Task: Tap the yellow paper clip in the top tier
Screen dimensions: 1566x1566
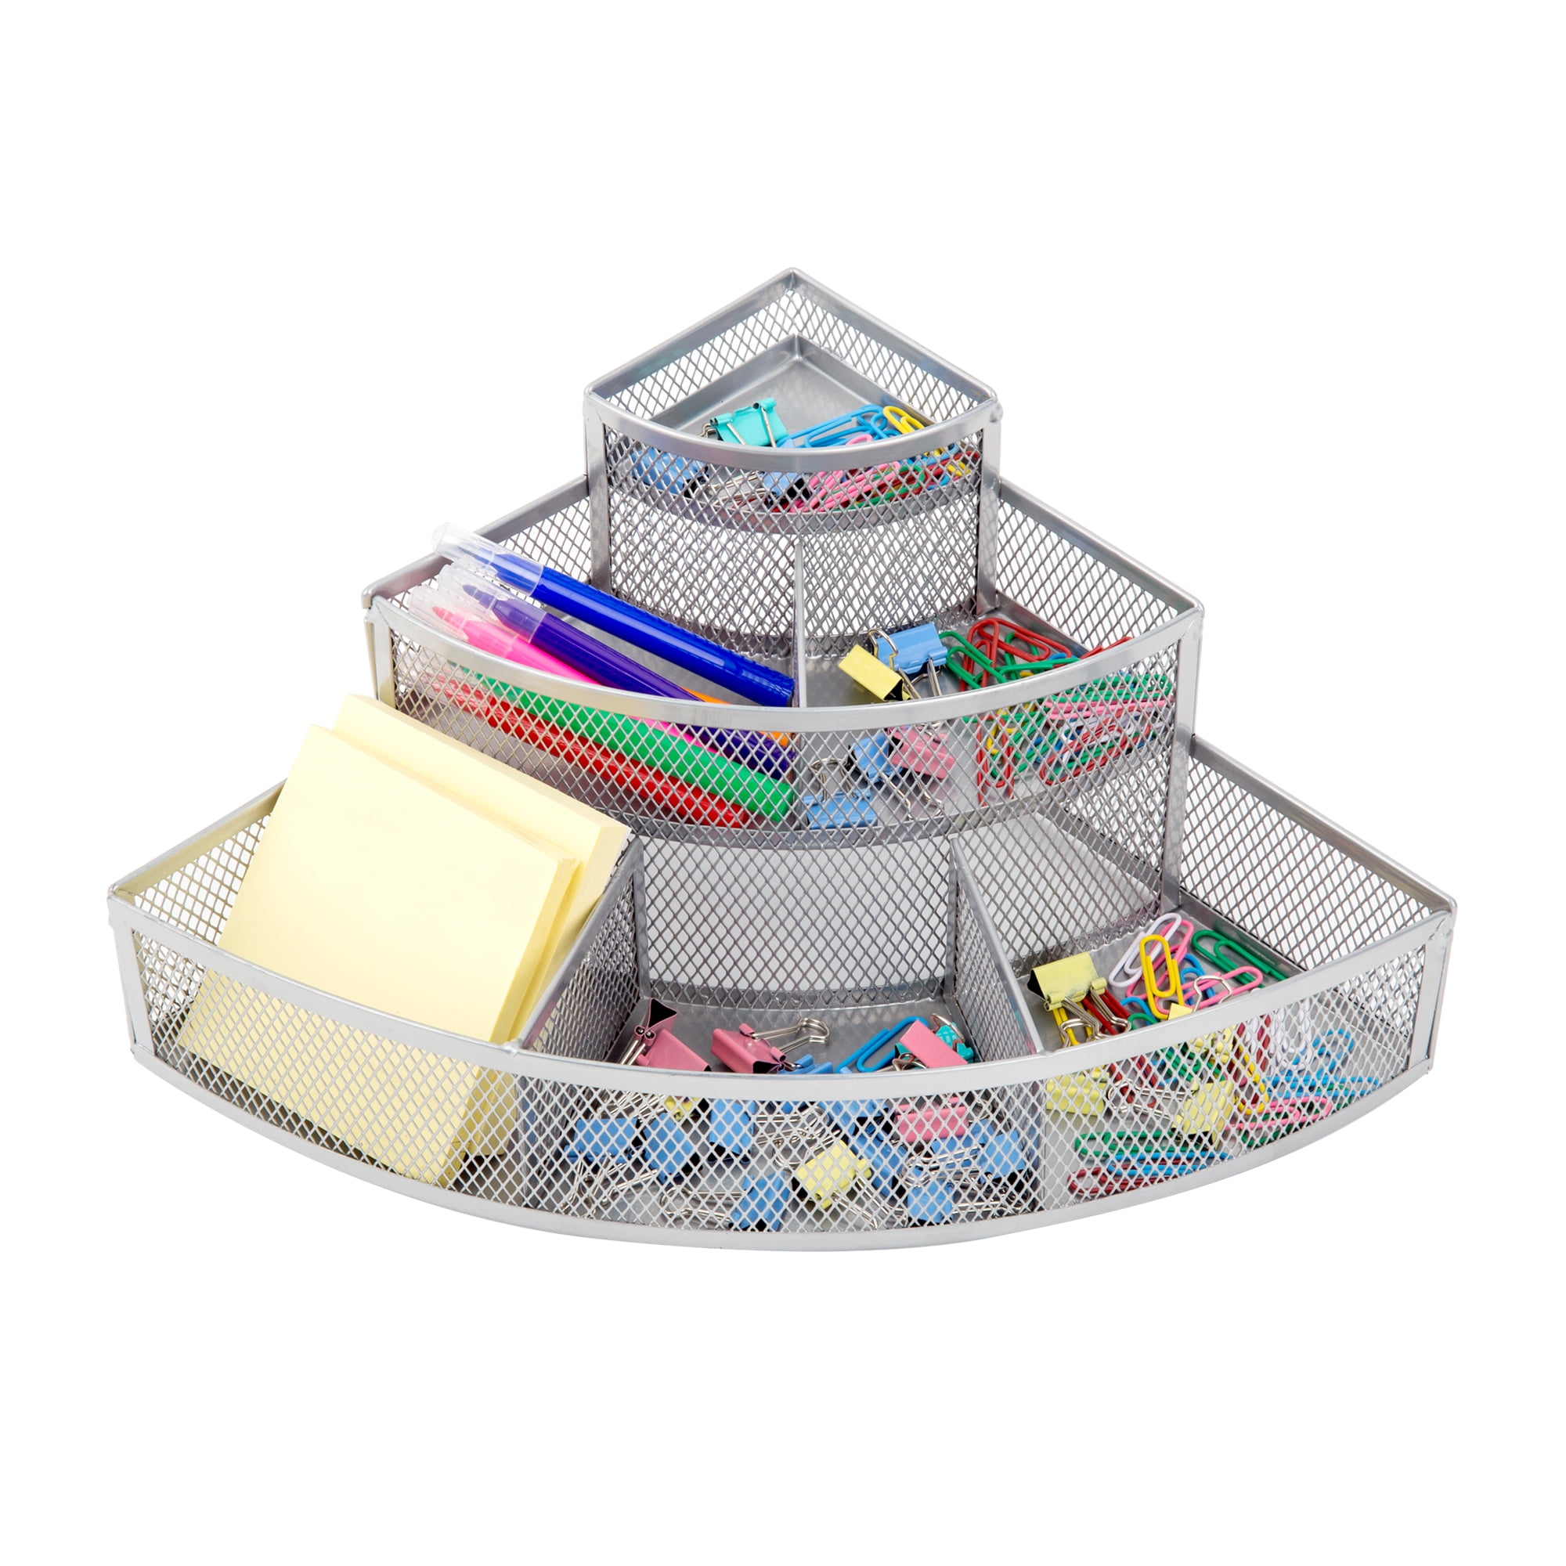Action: click(x=903, y=418)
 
